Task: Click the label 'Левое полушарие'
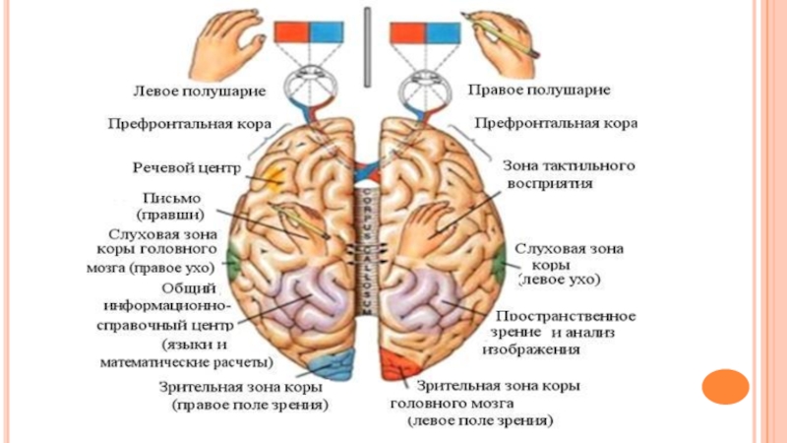(x=200, y=91)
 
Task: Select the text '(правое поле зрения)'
(x=250, y=404)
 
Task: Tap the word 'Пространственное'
(x=567, y=316)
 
